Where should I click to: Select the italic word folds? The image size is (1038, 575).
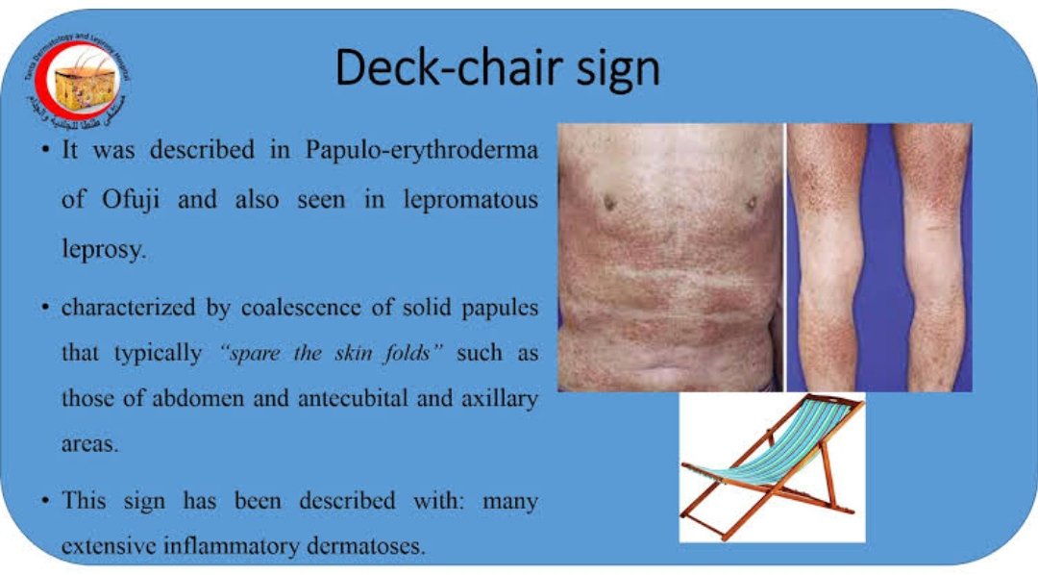pos(413,353)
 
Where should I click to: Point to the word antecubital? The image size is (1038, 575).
pos(338,398)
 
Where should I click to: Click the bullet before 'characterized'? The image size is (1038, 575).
pos(46,310)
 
